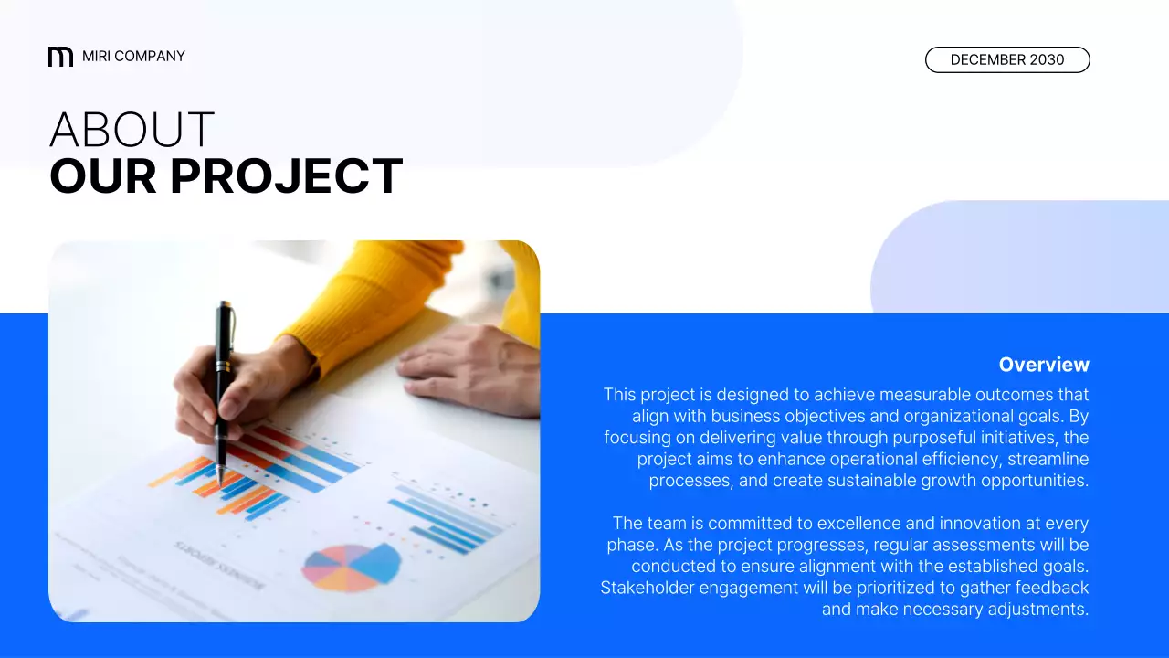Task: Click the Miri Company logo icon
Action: [60, 57]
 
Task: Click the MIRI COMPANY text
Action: [133, 57]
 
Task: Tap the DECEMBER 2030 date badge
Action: [1007, 60]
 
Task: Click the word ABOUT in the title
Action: [132, 131]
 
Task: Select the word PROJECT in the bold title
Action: [286, 176]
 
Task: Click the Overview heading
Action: [1043, 365]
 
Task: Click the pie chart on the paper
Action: [351, 566]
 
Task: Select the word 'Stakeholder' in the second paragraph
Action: [648, 588]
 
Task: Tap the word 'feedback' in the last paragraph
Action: [1048, 588]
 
